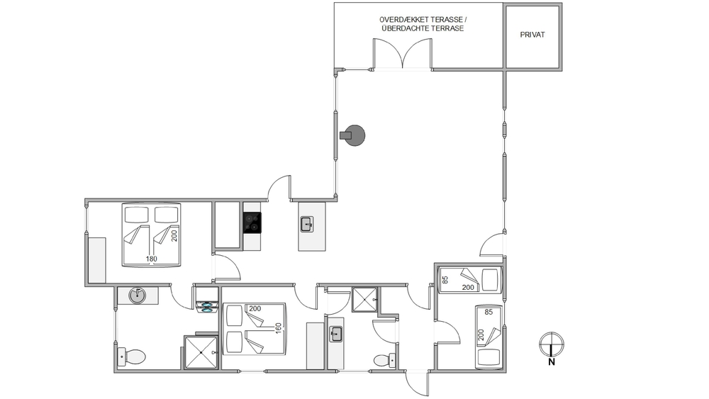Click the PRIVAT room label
click(532, 35)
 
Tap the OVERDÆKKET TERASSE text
click(420, 20)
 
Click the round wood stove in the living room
click(352, 135)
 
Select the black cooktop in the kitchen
click(252, 223)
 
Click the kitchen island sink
click(307, 224)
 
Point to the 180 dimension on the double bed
click(152, 259)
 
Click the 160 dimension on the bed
click(279, 328)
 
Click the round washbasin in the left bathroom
click(137, 296)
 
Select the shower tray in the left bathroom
click(201, 352)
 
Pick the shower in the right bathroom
click(364, 300)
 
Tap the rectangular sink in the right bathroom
click(335, 335)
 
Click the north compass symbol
click(552, 344)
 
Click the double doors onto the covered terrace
click(403, 54)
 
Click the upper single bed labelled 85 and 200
click(470, 280)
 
